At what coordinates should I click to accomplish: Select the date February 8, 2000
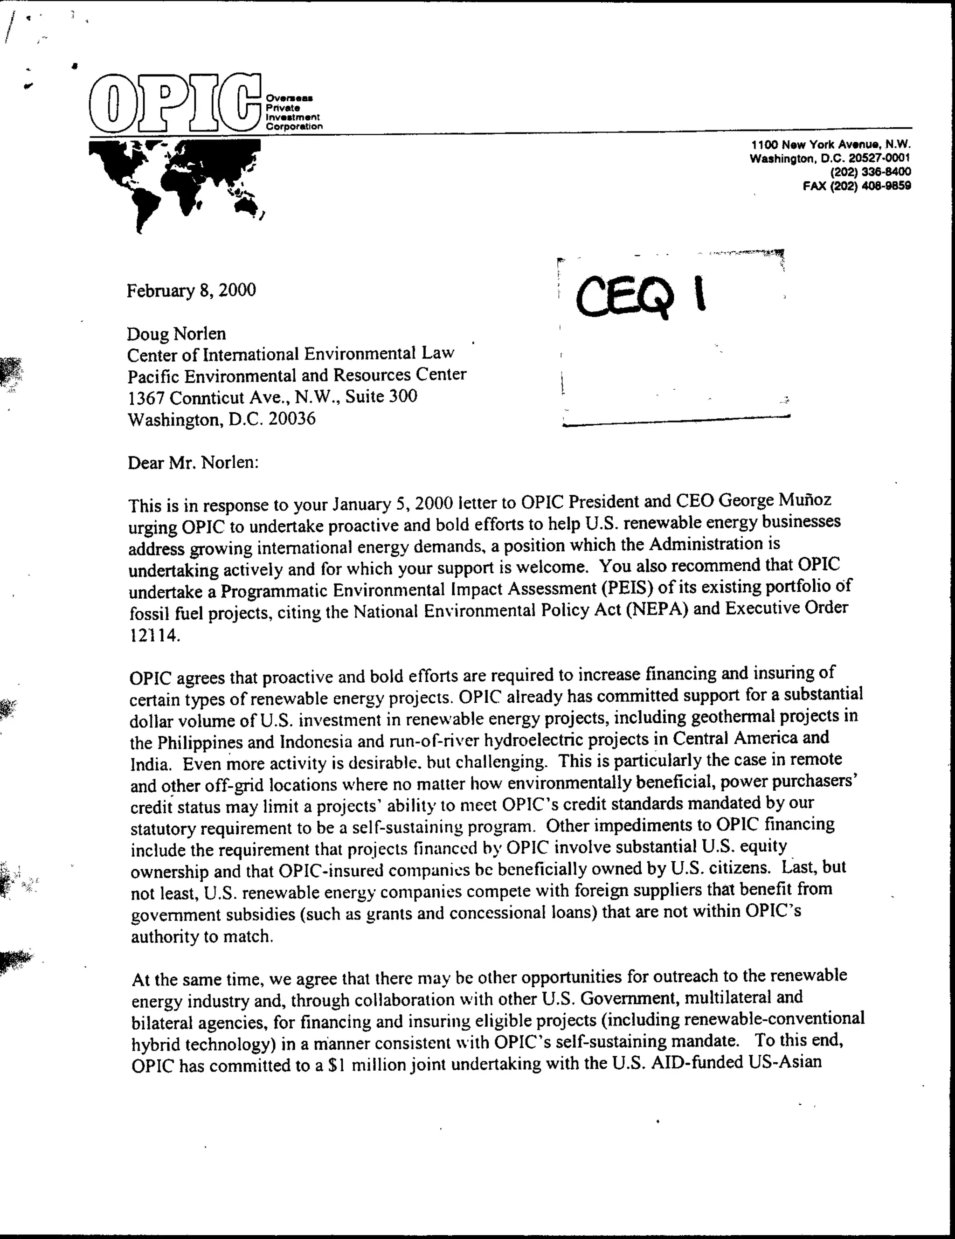[x=191, y=291]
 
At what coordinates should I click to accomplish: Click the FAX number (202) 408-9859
[x=857, y=186]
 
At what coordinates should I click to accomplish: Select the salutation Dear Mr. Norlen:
[x=193, y=463]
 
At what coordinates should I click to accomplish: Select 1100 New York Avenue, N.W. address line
[x=831, y=145]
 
